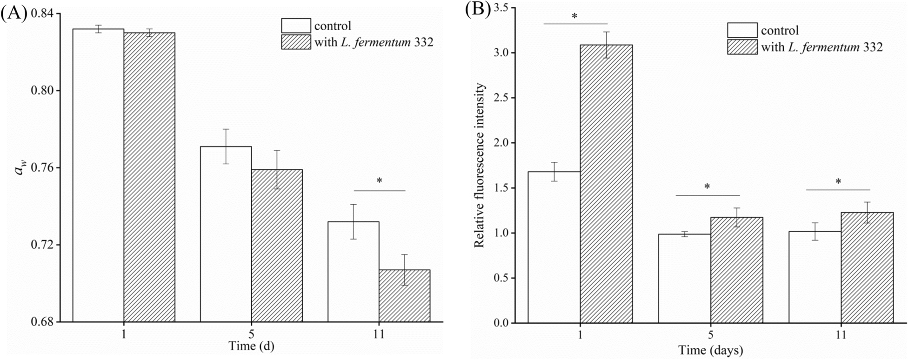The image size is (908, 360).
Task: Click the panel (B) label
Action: click(478, 10)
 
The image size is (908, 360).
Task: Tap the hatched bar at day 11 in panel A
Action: click(404, 296)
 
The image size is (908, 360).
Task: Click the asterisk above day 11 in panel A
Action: click(380, 180)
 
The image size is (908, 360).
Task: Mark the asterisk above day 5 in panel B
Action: click(707, 187)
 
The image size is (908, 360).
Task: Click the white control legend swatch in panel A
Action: click(296, 26)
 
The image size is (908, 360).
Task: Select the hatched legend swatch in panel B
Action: click(742, 47)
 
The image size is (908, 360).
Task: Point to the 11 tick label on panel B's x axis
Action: click(841, 335)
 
